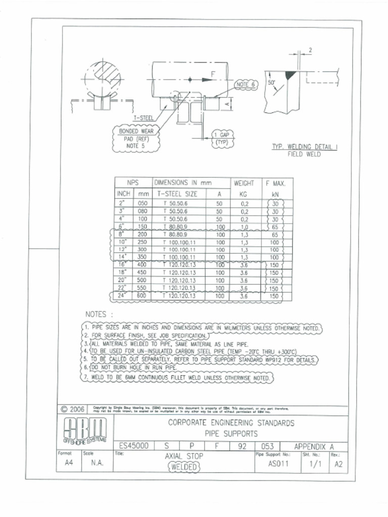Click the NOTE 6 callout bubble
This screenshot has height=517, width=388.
[x=247, y=84]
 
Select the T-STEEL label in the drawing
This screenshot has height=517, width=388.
[x=143, y=118]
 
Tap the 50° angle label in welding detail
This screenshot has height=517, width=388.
[x=271, y=82]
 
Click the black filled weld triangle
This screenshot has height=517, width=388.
[x=290, y=75]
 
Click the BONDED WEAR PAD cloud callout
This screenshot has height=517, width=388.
[x=132, y=138]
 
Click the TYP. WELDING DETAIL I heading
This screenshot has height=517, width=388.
[x=305, y=147]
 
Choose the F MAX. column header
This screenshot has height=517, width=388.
[x=276, y=183]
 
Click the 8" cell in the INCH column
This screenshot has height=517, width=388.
[x=121, y=235]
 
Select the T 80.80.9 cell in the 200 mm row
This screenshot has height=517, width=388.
[x=175, y=235]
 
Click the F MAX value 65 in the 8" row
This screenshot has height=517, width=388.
[x=275, y=235]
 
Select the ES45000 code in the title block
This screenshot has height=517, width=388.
[x=134, y=446]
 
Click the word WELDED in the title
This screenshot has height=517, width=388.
[x=183, y=467]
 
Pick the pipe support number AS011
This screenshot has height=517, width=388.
[x=278, y=464]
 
